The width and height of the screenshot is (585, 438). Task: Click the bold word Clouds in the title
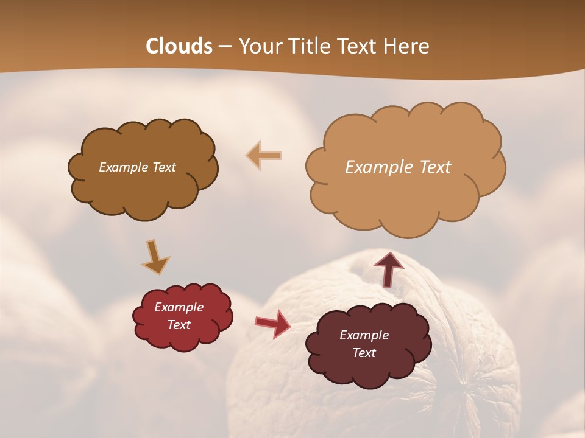[x=179, y=46]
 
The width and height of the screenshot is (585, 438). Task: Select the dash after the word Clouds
[x=225, y=47]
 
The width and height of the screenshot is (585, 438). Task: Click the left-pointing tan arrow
[x=264, y=155]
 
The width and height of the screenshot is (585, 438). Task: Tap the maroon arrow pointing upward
[x=389, y=268]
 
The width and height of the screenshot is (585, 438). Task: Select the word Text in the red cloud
[x=179, y=325]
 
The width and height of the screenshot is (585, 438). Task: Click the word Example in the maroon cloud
[x=364, y=335]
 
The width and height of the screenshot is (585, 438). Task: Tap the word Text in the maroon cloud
[x=364, y=353]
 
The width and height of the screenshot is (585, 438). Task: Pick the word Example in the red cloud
[x=179, y=307]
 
